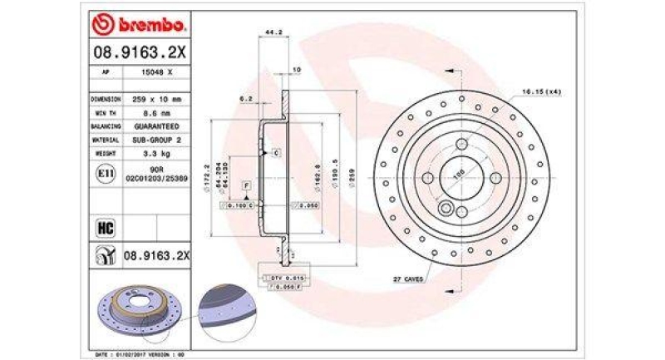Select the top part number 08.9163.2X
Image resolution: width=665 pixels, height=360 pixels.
[140, 53]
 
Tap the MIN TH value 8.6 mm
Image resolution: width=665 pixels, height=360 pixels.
[155, 112]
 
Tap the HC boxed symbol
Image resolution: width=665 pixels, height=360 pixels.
[106, 227]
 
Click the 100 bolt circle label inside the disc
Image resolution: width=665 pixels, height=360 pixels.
[456, 175]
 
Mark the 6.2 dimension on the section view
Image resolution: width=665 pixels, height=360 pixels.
[246, 99]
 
